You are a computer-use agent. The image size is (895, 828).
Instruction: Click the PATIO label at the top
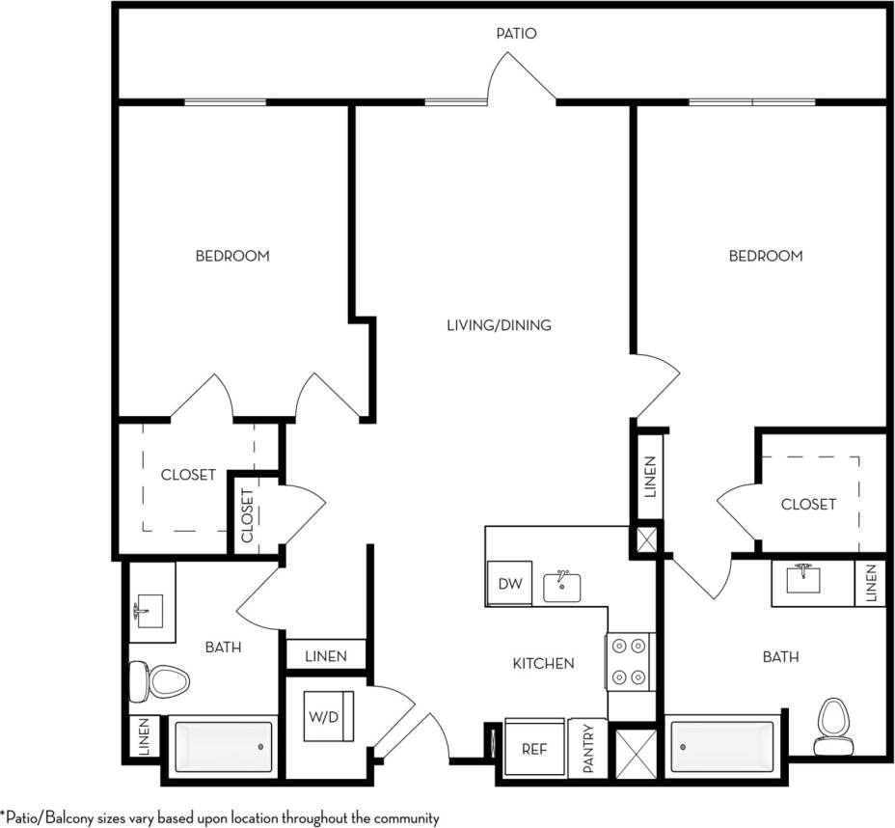click(516, 33)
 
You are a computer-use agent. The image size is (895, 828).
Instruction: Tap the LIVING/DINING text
click(499, 325)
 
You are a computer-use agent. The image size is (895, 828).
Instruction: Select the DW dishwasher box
click(509, 583)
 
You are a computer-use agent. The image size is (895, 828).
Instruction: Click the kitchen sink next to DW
click(561, 586)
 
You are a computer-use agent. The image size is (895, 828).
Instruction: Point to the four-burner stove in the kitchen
click(630, 661)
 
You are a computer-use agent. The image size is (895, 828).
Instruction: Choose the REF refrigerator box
click(535, 748)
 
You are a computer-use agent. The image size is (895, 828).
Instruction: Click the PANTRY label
click(587, 748)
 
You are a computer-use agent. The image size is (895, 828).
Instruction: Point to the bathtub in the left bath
click(223, 747)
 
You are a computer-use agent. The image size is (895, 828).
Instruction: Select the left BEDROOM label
click(232, 256)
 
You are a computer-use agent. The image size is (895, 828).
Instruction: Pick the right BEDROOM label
click(766, 256)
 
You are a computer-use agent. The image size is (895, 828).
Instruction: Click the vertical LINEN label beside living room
click(650, 477)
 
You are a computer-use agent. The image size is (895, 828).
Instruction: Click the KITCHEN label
click(543, 663)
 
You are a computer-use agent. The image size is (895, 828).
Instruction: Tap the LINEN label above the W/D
click(325, 656)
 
